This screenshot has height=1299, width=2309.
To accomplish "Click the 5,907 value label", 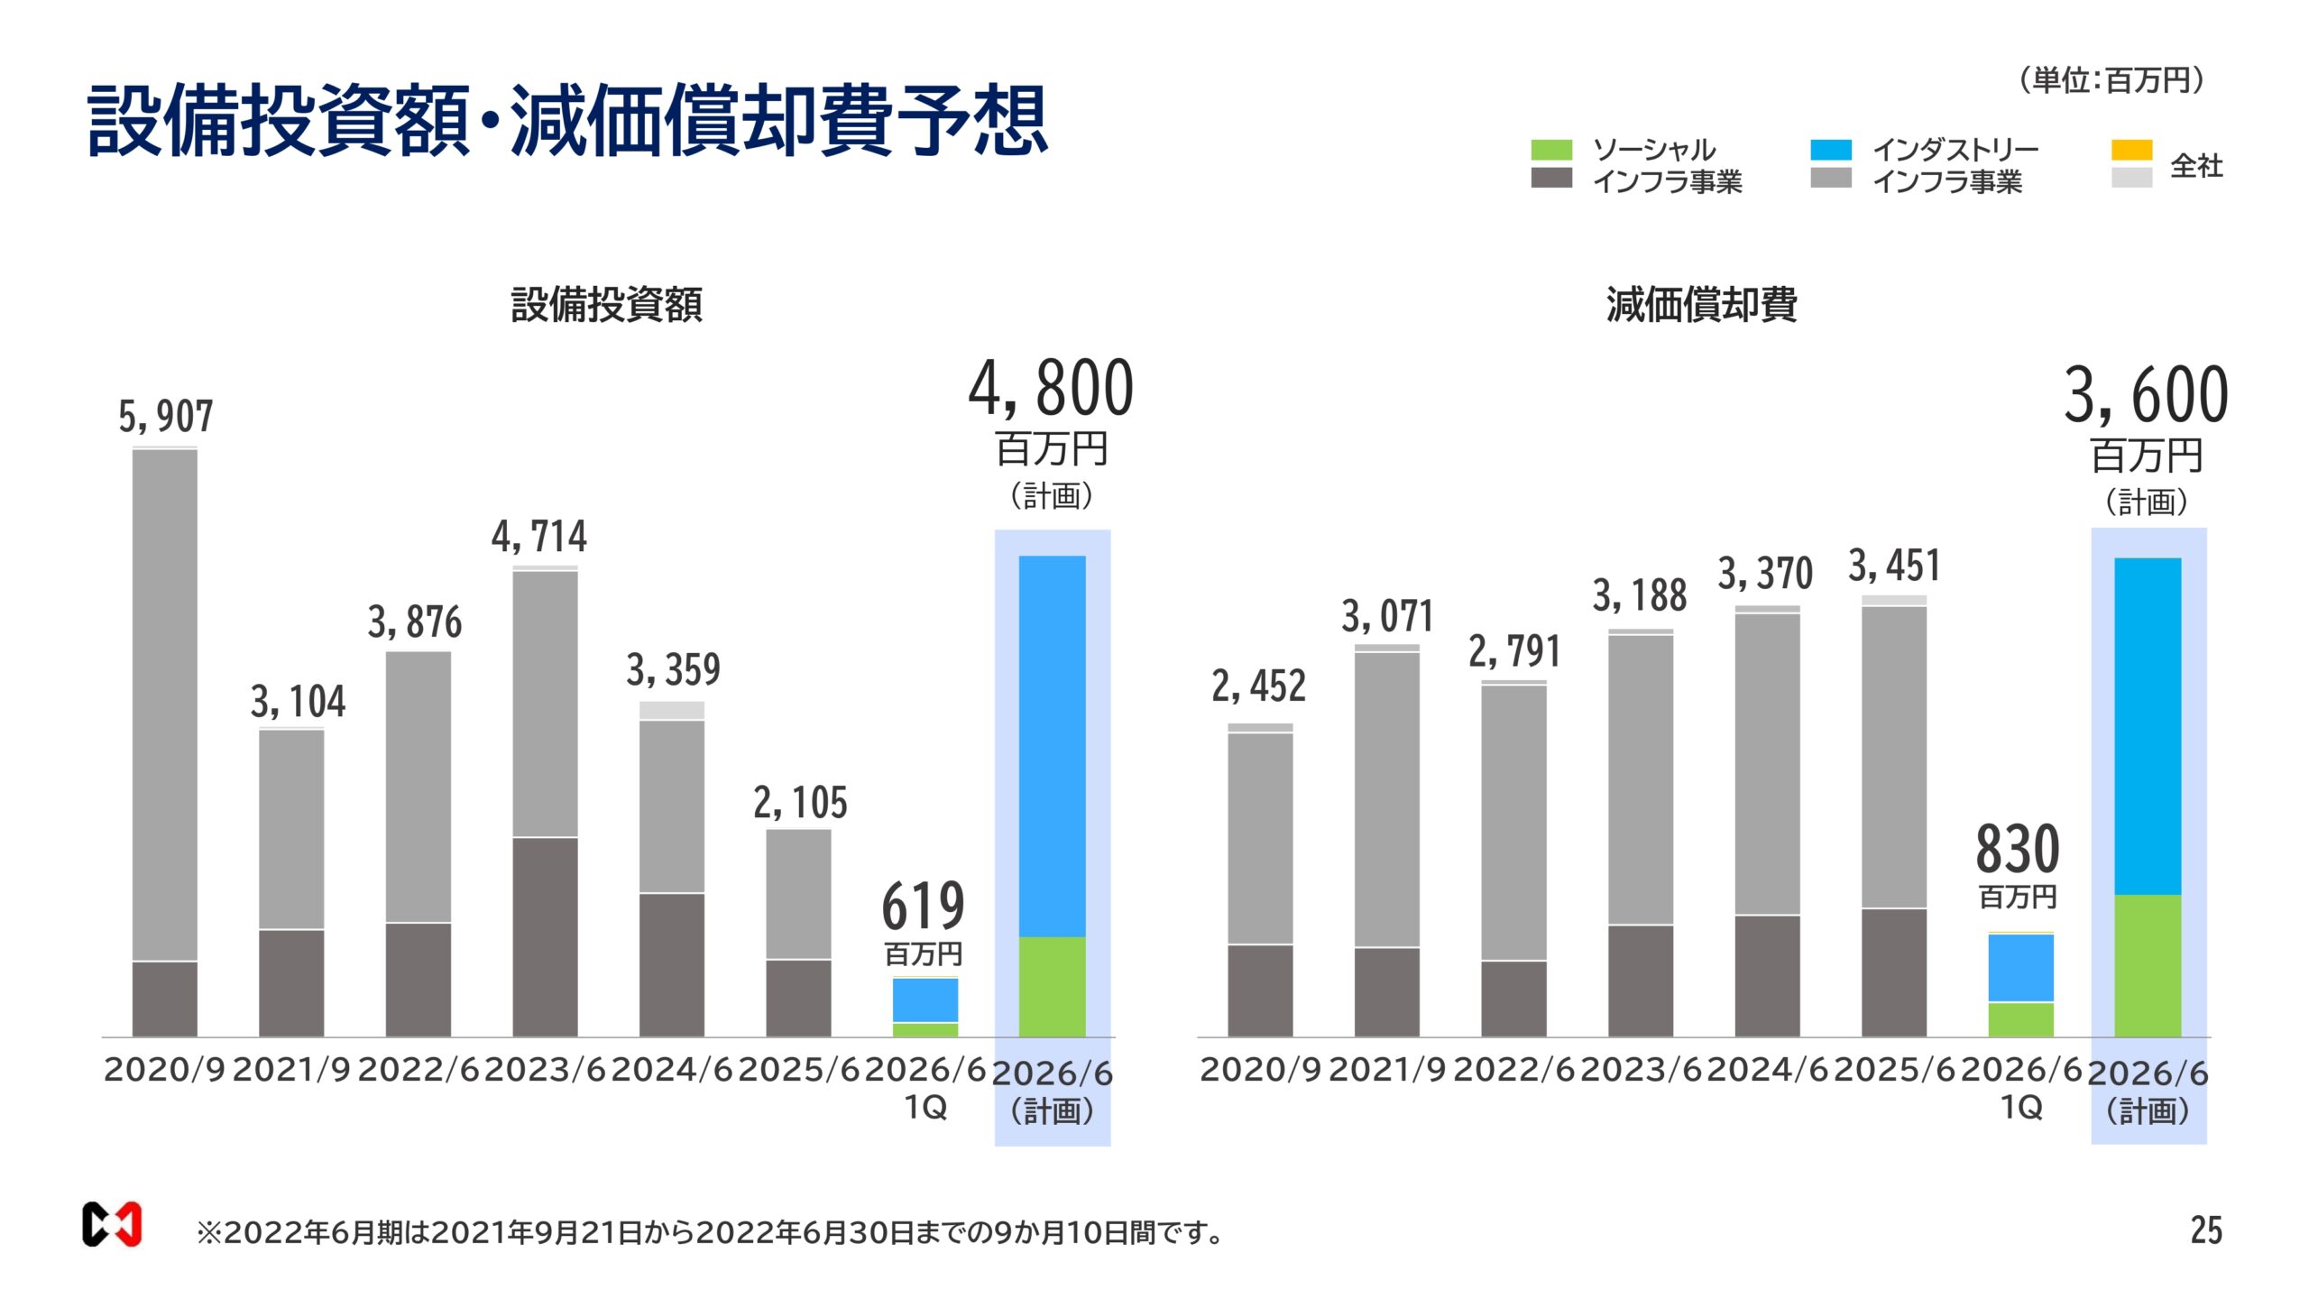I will click(x=166, y=417).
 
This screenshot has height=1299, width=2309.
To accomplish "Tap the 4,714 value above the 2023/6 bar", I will click(x=539, y=537).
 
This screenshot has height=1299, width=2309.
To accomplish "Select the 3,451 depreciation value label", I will click(x=1894, y=567).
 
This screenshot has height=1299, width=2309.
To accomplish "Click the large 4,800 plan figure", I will click(x=1051, y=389).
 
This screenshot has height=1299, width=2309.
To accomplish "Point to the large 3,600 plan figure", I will click(x=2146, y=395).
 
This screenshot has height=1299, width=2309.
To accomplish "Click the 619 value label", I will click(x=923, y=906).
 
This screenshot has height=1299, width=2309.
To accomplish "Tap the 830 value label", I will click(x=2018, y=850).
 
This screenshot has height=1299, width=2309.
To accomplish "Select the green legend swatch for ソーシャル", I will click(x=1551, y=150).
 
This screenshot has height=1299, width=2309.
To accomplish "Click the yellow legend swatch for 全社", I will click(x=2131, y=150).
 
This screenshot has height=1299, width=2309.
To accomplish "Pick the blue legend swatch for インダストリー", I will click(x=1831, y=150).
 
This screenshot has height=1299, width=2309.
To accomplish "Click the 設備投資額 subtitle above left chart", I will click(x=606, y=305).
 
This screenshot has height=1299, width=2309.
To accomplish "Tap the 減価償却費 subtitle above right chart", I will click(x=1701, y=305).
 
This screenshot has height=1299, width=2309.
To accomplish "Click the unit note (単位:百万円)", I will click(x=2111, y=81).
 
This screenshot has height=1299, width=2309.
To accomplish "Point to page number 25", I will click(x=2206, y=1230).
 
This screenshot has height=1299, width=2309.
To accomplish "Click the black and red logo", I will click(x=112, y=1224).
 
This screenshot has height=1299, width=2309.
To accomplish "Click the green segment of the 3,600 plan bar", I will click(x=2148, y=965).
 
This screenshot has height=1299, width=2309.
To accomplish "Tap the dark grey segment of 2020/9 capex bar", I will click(x=165, y=999).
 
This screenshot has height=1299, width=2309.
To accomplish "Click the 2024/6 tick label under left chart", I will click(x=672, y=1070).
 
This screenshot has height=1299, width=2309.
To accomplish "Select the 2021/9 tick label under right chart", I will click(x=1387, y=1070).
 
